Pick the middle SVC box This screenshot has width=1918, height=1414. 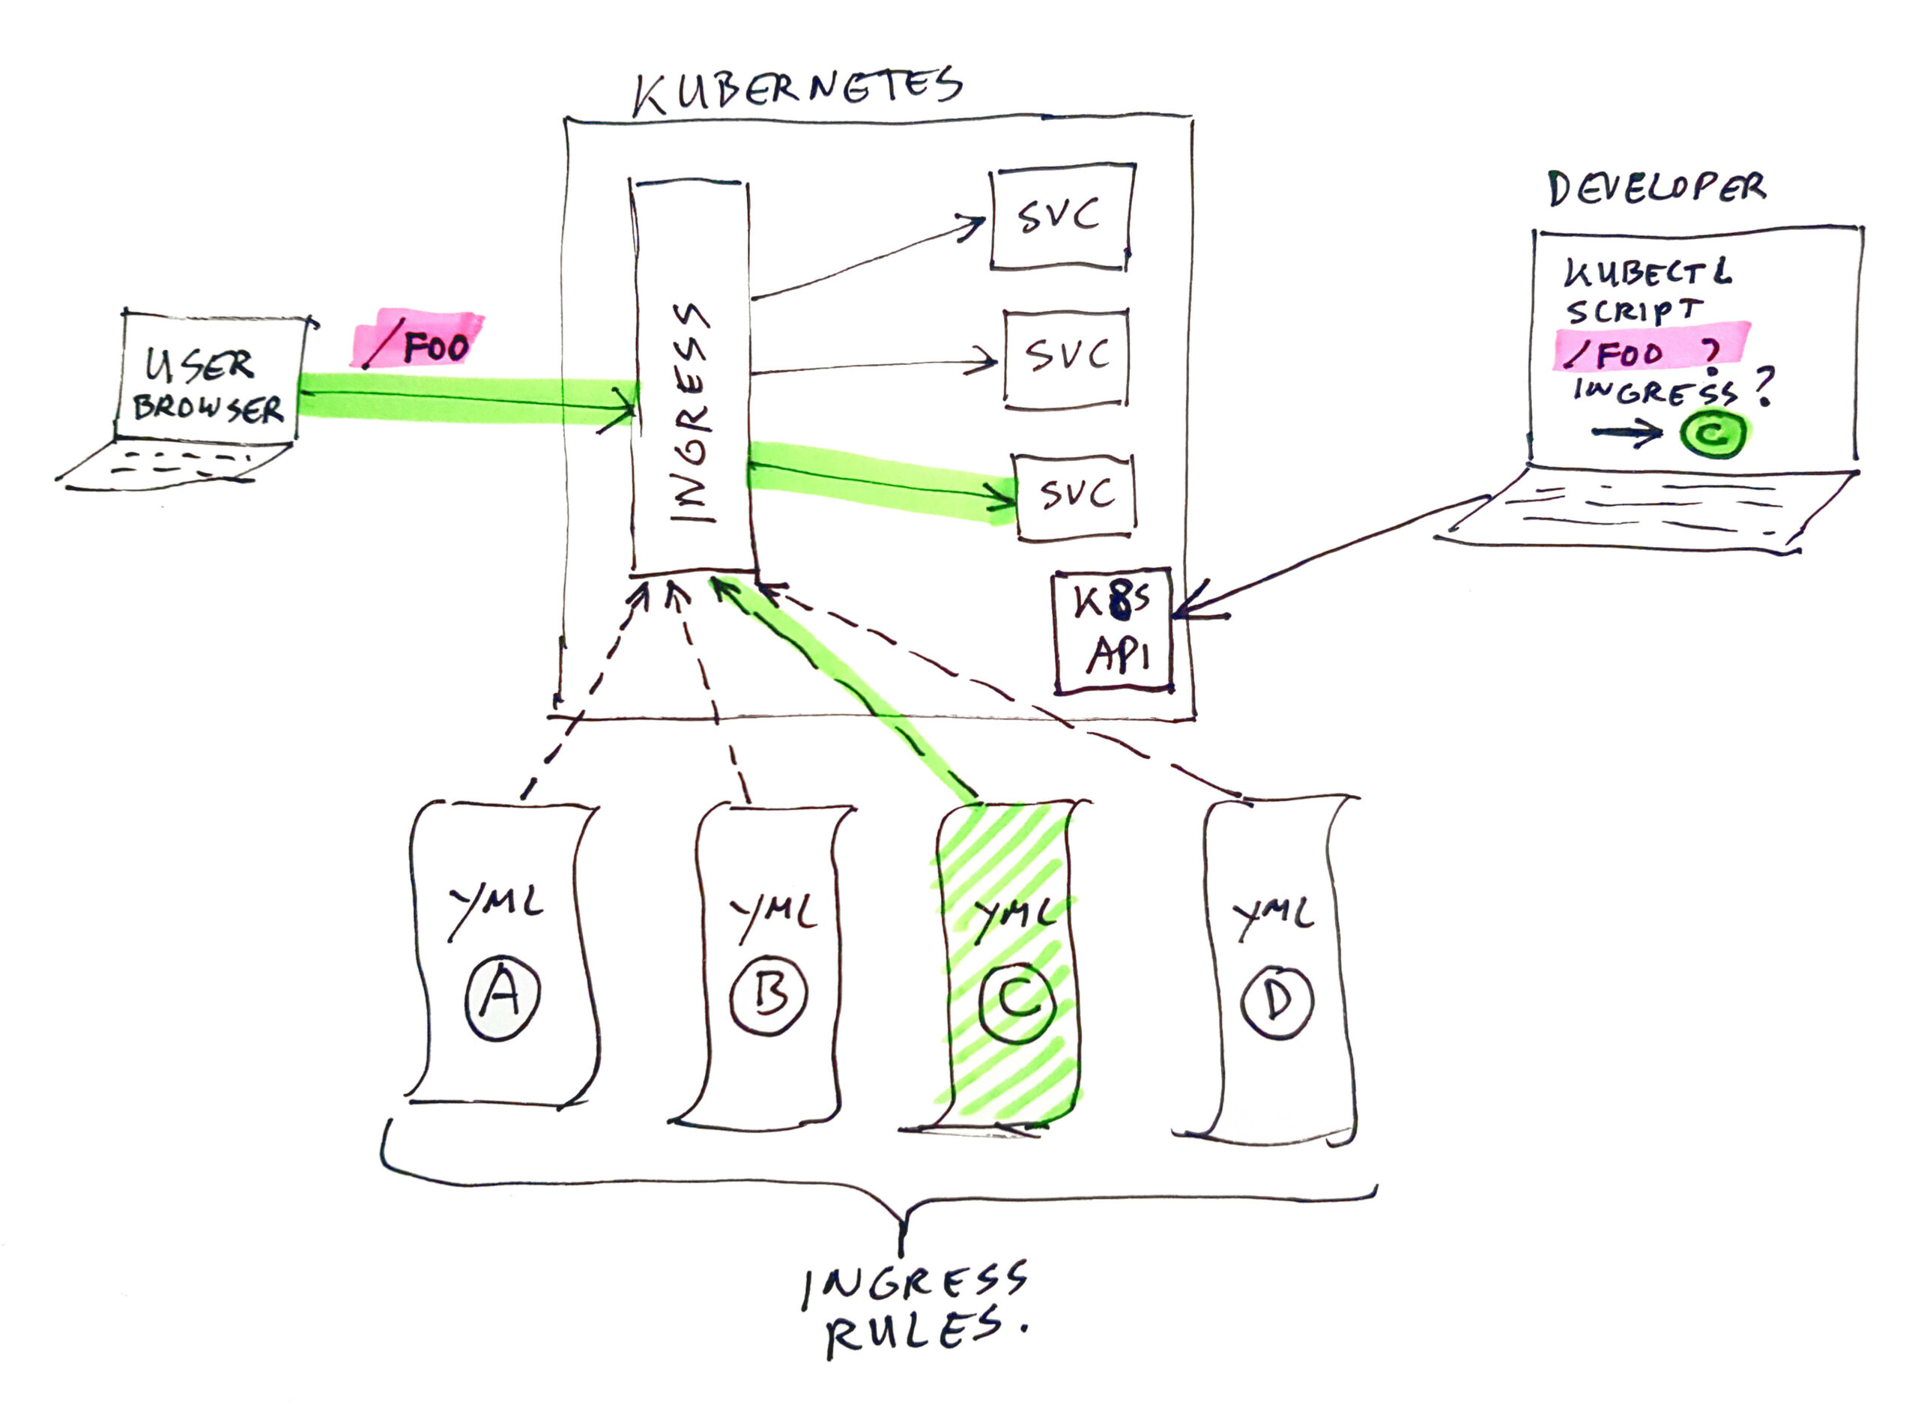tap(1065, 357)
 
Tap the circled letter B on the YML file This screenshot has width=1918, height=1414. tap(769, 995)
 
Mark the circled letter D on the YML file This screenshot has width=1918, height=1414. tap(1277, 1001)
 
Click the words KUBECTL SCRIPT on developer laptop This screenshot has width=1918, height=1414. tap(1643, 291)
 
